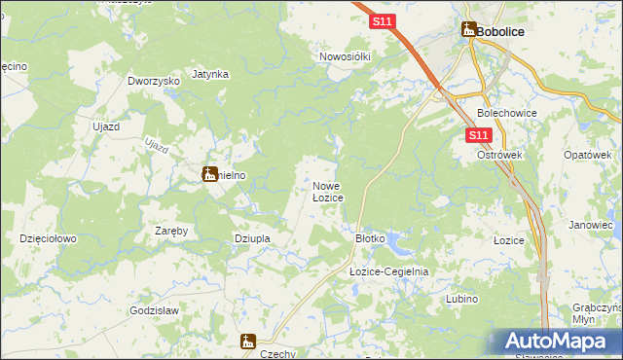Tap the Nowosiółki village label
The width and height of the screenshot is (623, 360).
pos(346,56)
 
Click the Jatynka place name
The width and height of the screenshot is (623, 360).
pos(210,74)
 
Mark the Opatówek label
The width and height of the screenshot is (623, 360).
pos(587,155)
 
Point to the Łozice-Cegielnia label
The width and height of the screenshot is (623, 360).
pos(389,272)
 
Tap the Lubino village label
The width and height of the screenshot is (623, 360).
pos(461,299)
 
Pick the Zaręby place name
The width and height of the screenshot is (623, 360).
pos(171,231)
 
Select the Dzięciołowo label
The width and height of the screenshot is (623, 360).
pos(48,237)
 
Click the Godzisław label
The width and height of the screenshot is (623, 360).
pos(154,310)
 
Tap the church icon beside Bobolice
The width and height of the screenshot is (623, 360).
pos(468,30)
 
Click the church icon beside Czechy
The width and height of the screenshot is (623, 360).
pos(248,341)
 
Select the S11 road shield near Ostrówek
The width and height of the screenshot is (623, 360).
pos(477,135)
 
